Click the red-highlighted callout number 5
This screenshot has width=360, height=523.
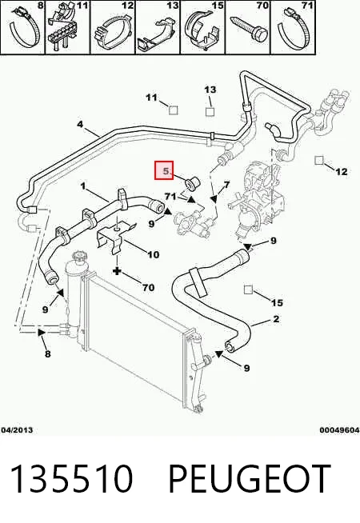(166, 171)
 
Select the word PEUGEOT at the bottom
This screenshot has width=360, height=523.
(250, 479)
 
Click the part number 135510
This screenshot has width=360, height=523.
(72, 479)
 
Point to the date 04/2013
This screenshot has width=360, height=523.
(17, 430)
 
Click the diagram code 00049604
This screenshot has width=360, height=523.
(339, 430)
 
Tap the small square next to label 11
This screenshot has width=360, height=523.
(173, 110)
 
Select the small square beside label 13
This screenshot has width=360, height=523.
(210, 112)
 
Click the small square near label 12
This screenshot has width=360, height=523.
(319, 161)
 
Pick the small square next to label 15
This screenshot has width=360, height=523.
(248, 289)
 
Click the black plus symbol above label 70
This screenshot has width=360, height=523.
(117, 271)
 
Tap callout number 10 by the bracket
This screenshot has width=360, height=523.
(154, 255)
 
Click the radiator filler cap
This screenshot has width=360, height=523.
(81, 257)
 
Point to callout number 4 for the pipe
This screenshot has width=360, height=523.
(80, 125)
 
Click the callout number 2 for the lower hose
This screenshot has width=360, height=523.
(276, 319)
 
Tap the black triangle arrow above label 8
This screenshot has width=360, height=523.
(41, 332)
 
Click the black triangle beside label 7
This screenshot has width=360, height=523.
(214, 199)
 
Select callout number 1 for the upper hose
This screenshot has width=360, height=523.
(83, 186)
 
